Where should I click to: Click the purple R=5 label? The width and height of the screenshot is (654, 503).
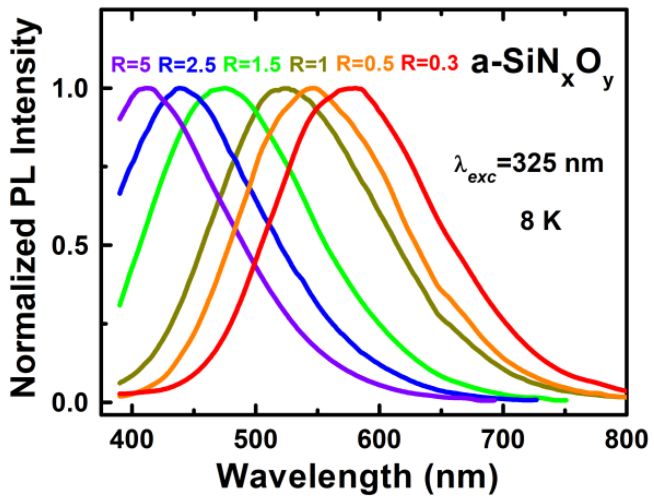[x=131, y=64]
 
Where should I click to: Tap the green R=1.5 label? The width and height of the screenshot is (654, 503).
[x=252, y=64]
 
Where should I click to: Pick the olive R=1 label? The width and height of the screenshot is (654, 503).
[x=309, y=64]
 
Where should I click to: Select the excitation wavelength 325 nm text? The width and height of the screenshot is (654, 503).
[x=528, y=165]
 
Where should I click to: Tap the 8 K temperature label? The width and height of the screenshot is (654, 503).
[x=540, y=221]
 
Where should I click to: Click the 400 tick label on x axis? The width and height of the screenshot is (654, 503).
[x=132, y=439]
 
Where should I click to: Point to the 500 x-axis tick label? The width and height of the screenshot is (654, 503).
[x=255, y=439]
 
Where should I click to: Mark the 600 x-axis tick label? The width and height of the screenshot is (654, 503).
[x=379, y=439]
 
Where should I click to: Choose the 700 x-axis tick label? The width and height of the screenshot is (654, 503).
[x=503, y=439]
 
